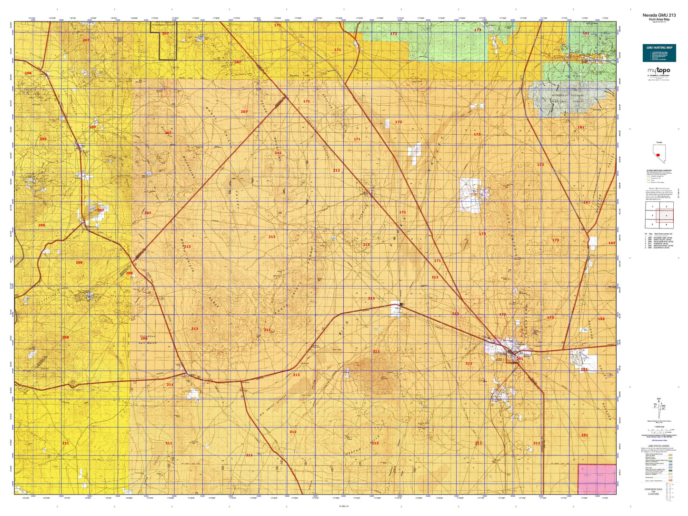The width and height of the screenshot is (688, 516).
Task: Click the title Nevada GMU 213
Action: coord(658,15)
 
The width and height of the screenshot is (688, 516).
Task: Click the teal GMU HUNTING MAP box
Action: coord(658,53)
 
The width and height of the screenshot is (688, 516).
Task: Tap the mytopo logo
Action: coord(658,71)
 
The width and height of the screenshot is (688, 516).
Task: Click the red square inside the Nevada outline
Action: coord(658,155)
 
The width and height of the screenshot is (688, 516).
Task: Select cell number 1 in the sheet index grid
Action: coord(652,207)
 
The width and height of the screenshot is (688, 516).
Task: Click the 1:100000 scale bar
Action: coord(659,430)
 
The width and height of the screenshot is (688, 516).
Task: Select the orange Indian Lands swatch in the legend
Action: coord(670,480)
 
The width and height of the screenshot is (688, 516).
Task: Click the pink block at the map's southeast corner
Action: coord(597,478)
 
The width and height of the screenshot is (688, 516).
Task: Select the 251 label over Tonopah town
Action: coord(520,359)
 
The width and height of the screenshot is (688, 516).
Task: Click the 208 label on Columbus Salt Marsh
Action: coord(144,338)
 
